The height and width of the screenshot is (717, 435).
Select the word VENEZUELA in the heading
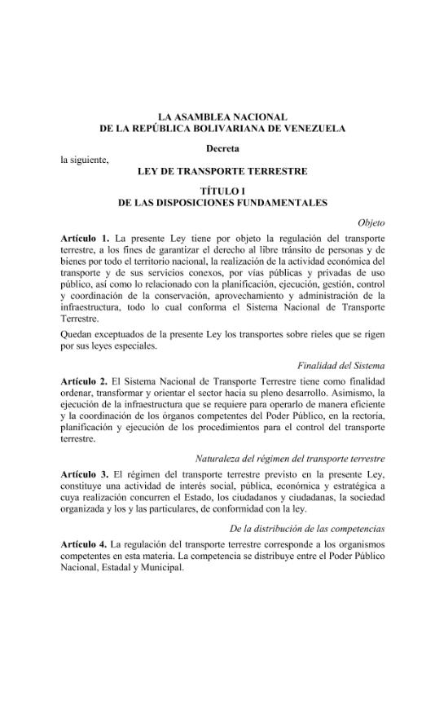coord(308,129)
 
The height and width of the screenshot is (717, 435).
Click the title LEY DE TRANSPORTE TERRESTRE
coord(222,171)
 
